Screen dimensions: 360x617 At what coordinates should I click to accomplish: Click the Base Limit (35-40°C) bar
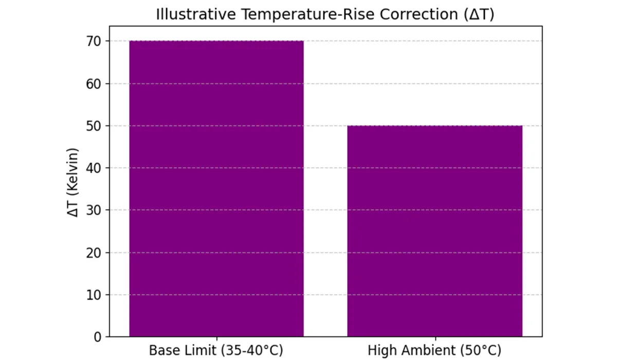(x=216, y=189)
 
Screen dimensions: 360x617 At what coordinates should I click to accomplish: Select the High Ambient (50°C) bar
(x=434, y=231)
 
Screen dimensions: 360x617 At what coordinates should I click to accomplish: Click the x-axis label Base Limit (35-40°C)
(x=216, y=351)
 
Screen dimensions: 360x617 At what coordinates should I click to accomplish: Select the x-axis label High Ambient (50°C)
(x=434, y=351)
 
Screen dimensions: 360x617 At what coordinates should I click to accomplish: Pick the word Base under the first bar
(x=161, y=351)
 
